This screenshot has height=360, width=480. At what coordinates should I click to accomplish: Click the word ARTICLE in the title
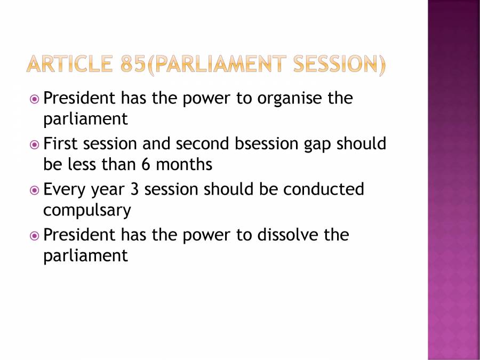click(x=69, y=64)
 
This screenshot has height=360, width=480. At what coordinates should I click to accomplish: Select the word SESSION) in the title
click(x=340, y=65)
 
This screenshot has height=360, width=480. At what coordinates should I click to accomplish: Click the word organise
click(x=290, y=99)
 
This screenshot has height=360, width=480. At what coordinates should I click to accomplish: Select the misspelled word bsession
click(x=267, y=143)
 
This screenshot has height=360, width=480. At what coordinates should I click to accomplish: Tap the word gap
click(x=317, y=146)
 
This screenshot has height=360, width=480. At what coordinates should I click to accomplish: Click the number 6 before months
click(x=146, y=164)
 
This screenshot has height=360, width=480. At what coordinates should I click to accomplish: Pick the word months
click(x=184, y=164)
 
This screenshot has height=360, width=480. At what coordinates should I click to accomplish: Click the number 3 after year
click(x=134, y=189)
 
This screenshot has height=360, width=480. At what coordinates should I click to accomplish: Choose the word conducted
click(x=324, y=189)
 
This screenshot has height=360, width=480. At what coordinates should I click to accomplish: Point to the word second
click(x=202, y=143)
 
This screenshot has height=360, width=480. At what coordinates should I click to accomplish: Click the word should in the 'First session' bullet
click(x=361, y=143)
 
